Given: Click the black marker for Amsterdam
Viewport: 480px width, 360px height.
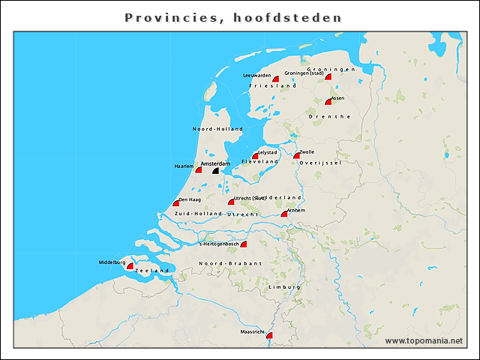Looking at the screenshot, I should click(216, 171).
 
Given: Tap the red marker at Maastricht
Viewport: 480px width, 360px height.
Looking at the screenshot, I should click(269, 336).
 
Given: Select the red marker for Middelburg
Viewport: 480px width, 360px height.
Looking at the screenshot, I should click(130, 266).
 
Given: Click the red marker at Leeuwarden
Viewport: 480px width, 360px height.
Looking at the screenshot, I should click(275, 79).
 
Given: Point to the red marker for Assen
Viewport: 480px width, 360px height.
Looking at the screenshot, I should click(328, 101).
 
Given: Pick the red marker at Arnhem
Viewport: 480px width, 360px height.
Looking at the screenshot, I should click(284, 214).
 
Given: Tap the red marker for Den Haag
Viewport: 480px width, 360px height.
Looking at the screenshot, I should click(175, 203).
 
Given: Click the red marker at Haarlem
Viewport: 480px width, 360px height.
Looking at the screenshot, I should click(198, 170).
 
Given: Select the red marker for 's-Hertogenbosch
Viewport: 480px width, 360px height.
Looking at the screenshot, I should click(243, 244).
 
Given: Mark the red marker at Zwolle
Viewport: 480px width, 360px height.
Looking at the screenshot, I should click(296, 155).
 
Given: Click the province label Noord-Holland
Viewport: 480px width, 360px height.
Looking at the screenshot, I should click(217, 129).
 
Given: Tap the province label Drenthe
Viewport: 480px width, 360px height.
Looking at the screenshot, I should click(329, 116).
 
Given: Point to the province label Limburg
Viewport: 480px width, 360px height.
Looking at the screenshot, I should click(285, 287).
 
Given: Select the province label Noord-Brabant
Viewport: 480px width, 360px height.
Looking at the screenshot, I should click(230, 263).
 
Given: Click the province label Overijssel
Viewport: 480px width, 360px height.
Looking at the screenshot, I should click(320, 162).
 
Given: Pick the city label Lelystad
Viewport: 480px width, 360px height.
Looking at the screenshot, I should click(267, 152).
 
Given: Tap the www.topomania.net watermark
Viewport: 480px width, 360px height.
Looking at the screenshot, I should click(424, 340).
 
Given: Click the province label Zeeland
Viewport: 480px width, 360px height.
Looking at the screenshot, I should click(152, 270).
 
